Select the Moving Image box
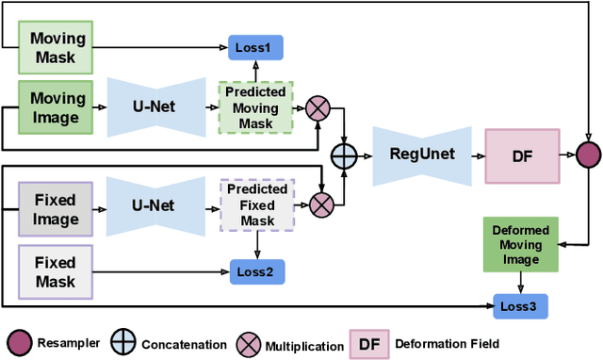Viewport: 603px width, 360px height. click(x=58, y=106)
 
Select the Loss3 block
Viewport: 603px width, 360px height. click(x=519, y=305)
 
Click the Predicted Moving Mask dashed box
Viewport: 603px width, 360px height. click(x=255, y=108)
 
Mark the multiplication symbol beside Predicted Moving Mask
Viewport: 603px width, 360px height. click(x=318, y=109)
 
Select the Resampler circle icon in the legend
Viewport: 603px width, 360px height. click(x=19, y=343)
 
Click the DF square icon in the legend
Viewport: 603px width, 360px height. click(x=367, y=343)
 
